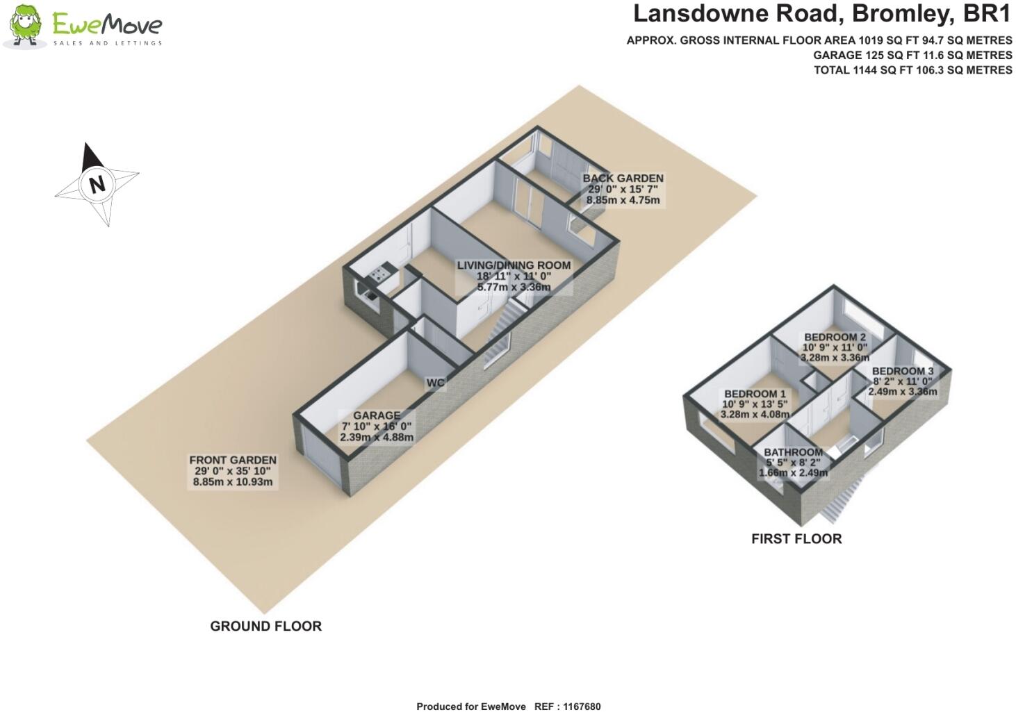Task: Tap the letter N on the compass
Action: pyautogui.click(x=97, y=185)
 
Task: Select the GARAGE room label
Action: pyautogui.click(x=377, y=415)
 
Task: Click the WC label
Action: pyautogui.click(x=436, y=383)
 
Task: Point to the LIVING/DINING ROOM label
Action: pyautogui.click(x=514, y=265)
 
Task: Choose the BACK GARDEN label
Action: pyautogui.click(x=623, y=179)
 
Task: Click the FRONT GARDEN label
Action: pyautogui.click(x=233, y=460)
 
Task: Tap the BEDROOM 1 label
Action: pyautogui.click(x=754, y=394)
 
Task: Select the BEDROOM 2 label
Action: pyautogui.click(x=835, y=338)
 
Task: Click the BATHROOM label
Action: pyautogui.click(x=793, y=452)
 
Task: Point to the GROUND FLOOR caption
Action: pyautogui.click(x=265, y=626)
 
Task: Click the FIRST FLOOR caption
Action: pyautogui.click(x=796, y=538)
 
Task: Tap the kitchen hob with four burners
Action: pyautogui.click(x=379, y=275)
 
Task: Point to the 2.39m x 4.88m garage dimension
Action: pyautogui.click(x=377, y=438)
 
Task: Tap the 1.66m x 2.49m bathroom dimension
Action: pyautogui.click(x=793, y=473)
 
